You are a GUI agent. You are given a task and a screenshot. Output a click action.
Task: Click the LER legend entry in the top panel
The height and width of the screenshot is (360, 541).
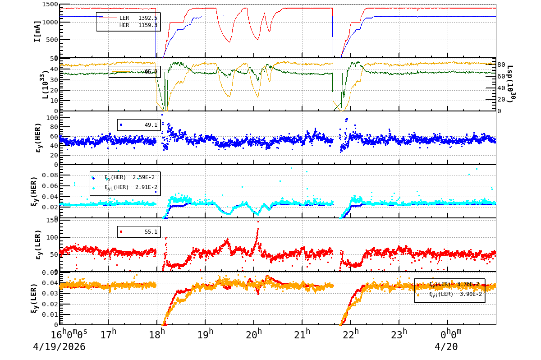coord(128,18)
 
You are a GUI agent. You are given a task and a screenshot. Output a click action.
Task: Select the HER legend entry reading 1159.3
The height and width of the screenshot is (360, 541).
coord(128,25)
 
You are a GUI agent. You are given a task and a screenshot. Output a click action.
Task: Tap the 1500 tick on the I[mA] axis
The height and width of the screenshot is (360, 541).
coord(49,5)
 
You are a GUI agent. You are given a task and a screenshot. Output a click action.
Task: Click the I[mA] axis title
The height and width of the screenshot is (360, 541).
coord(38,31)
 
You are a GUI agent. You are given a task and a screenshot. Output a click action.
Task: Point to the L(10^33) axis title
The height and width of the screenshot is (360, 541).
coord(45,84)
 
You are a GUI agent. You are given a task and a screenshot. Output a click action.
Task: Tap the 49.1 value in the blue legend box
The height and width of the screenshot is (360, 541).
coord(151,125)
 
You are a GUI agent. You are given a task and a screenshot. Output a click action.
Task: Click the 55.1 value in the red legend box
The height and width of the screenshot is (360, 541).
coord(151,232)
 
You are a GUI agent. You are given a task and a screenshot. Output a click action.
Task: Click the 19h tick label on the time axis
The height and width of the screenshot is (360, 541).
coord(206,335)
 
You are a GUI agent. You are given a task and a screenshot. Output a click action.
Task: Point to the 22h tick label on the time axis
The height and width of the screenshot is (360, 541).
coord(351,335)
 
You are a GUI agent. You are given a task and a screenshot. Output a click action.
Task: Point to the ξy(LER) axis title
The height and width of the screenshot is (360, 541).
coord(34,298)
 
